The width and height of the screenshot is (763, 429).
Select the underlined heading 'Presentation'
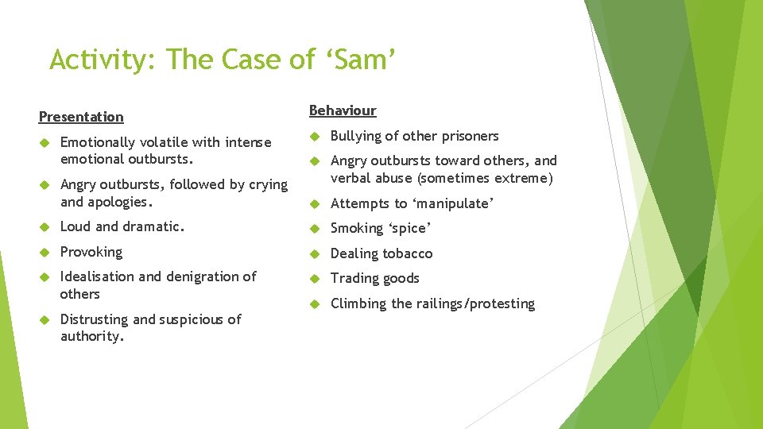click(x=81, y=117)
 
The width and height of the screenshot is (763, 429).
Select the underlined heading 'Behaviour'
click(x=343, y=110)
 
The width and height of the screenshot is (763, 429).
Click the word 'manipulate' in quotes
click(x=452, y=203)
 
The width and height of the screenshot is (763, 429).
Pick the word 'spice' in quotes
click(x=409, y=229)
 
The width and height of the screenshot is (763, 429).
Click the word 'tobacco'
click(x=405, y=253)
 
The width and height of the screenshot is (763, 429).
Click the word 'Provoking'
click(x=91, y=252)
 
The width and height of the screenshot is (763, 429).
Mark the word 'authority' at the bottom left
click(x=91, y=337)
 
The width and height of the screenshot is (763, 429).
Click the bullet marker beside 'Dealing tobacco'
click(x=314, y=253)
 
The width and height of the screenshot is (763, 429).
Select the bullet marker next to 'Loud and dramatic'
click(x=44, y=227)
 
